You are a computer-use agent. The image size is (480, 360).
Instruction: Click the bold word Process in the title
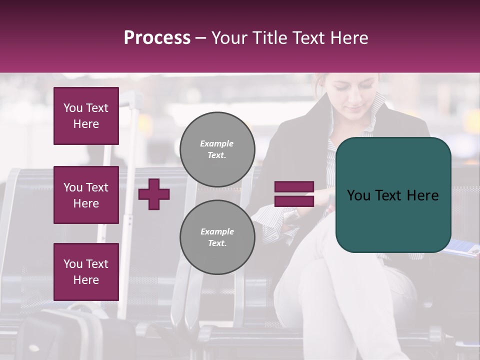(x=157, y=38)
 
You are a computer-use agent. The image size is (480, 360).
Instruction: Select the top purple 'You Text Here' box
(x=86, y=116)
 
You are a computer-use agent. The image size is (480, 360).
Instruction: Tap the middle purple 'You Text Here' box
(x=86, y=195)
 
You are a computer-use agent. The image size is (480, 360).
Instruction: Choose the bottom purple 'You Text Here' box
(x=86, y=272)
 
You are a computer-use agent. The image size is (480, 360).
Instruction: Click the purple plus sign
(x=154, y=194)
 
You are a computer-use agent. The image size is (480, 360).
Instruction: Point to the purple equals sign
(x=294, y=194)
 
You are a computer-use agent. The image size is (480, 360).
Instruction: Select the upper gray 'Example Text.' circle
(x=217, y=149)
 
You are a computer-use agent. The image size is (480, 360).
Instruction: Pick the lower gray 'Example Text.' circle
(x=217, y=237)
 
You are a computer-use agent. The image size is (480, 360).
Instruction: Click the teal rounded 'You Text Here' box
(x=393, y=195)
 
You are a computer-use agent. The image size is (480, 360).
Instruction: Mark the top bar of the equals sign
(x=294, y=187)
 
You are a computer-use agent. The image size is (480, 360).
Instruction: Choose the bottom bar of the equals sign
(x=294, y=201)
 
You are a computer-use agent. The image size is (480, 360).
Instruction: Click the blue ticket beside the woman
(x=462, y=247)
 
